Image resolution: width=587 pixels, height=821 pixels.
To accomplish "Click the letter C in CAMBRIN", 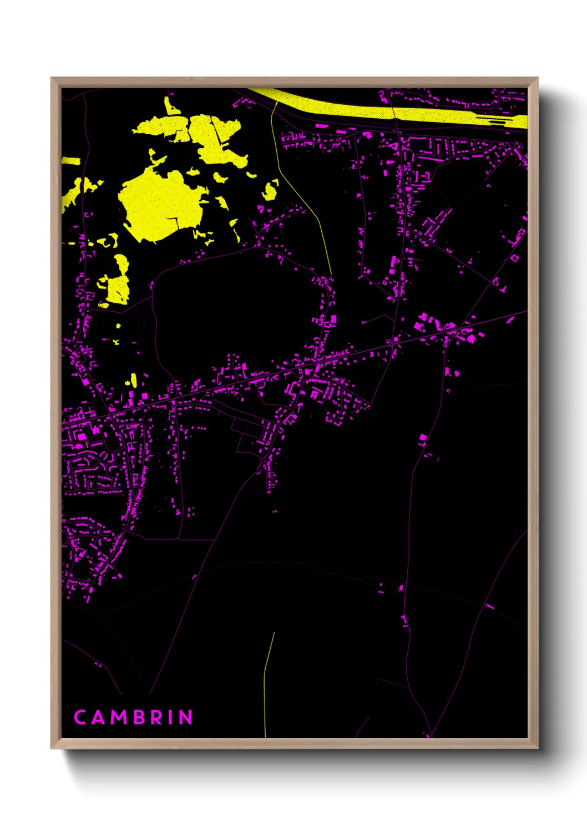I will tap(80, 717).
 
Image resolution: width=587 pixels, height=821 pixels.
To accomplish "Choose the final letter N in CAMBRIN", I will tap(185, 717).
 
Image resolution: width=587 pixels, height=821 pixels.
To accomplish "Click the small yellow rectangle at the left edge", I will tap(70, 161).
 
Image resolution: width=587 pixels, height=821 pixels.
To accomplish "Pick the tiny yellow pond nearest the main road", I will tap(134, 381).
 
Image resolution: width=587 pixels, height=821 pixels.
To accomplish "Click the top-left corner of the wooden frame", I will tap(52, 79).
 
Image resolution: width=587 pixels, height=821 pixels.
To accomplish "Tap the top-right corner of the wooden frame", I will tap(537, 79).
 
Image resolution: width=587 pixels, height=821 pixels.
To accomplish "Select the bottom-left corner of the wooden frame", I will tap(52, 747).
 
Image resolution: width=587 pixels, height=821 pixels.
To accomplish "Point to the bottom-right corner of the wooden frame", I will tap(537, 747).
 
